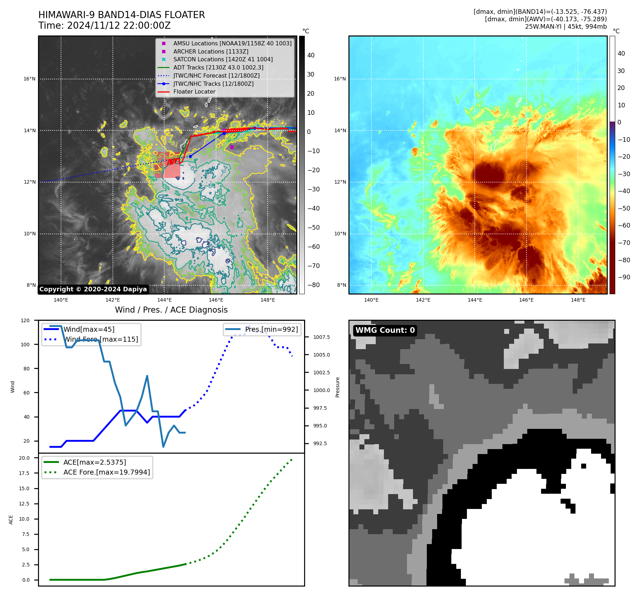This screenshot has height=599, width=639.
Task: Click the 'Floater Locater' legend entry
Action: [194, 92]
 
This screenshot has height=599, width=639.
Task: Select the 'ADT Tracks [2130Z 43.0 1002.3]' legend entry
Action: [218, 67]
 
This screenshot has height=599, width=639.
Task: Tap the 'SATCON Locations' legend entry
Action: [222, 60]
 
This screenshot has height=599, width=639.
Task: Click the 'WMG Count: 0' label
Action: [385, 330]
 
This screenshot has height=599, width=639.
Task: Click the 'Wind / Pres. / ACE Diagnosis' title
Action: [171, 310]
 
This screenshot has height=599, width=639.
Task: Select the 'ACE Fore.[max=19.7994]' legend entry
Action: [106, 472]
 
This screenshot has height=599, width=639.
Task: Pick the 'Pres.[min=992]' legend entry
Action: [271, 330]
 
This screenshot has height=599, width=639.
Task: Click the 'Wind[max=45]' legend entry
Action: [89, 330]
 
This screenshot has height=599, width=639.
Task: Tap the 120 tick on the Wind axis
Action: [25, 320]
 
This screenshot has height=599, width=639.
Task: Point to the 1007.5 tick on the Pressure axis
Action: [321, 337]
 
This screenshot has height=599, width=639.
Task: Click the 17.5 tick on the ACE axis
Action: [24, 473]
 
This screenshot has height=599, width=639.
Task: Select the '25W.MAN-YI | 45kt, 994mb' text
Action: [566, 27]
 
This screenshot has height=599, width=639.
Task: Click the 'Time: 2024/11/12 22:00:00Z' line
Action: [104, 26]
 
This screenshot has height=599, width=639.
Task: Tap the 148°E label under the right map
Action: [578, 300]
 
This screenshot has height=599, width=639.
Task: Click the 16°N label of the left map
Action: [30, 79]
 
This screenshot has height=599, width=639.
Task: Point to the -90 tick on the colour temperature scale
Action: [624, 277]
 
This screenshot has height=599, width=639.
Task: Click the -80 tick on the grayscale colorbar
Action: [313, 285]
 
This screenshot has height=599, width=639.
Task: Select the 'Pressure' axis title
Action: [337, 387]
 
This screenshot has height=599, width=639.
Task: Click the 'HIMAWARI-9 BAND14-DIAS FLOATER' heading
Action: [121, 15]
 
